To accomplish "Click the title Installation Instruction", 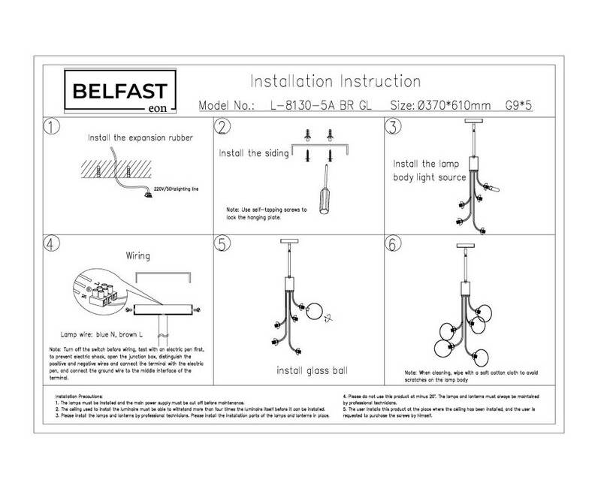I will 334,80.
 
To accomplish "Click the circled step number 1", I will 52,126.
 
